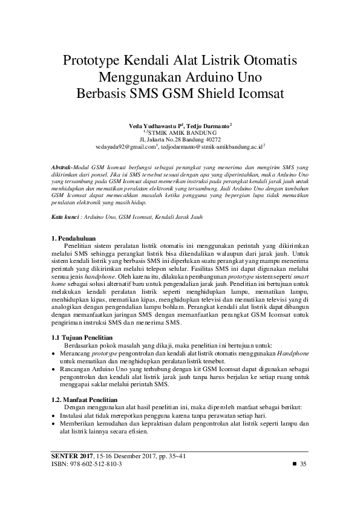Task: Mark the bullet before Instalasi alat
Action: click(x=54, y=415)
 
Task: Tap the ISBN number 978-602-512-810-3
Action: click(x=96, y=463)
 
